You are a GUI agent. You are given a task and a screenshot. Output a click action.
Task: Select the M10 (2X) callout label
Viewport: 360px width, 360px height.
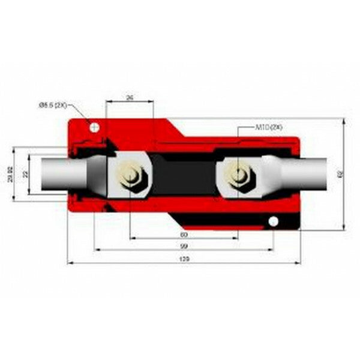[x=268, y=128]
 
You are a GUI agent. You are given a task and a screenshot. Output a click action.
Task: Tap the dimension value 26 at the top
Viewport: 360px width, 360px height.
[x=130, y=97]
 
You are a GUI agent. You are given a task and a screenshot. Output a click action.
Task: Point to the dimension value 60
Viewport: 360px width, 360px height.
[x=184, y=234]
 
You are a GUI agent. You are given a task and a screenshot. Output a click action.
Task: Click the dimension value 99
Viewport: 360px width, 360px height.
[x=184, y=247]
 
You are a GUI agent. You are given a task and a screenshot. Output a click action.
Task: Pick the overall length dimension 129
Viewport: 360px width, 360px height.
[x=184, y=259]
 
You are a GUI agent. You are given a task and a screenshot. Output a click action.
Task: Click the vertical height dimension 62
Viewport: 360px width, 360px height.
[x=340, y=174]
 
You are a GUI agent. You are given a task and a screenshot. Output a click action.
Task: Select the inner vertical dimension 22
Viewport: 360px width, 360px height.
[x=25, y=174]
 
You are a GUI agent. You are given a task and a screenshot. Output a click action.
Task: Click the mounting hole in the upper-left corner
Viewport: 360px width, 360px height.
[x=94, y=126]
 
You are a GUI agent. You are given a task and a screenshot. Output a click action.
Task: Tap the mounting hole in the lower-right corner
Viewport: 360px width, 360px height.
[x=273, y=221]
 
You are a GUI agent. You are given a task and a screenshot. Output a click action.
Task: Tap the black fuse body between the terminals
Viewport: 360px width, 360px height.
[x=183, y=175]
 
